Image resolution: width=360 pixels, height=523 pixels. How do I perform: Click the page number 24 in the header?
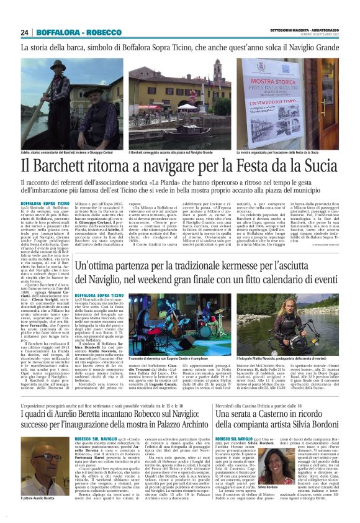[x=24, y=32]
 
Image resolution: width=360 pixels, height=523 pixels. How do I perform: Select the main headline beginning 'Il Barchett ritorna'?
[x=179, y=166]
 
